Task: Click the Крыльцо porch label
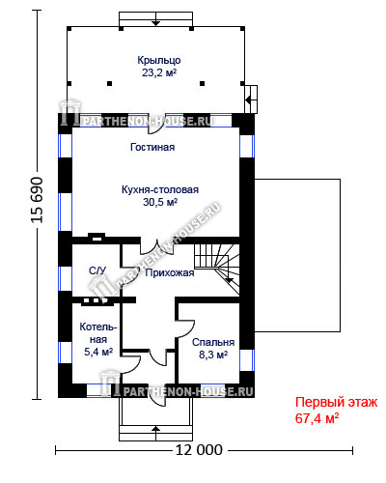tap(159, 61)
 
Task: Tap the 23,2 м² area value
tap(159, 72)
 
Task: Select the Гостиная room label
tap(152, 147)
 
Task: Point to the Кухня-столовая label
tap(160, 189)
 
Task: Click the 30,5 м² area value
tap(160, 202)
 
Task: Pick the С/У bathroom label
tap(97, 270)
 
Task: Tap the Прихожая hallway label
tap(170, 273)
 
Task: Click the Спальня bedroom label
tap(213, 342)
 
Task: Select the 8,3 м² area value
tap(213, 355)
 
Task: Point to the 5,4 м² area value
tap(98, 352)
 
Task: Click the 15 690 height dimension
tap(38, 200)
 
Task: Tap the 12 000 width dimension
tap(199, 450)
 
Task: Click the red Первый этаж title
tap(336, 403)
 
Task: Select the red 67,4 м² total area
tap(317, 418)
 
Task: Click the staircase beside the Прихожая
tap(217, 270)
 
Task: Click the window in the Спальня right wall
tap(247, 360)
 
